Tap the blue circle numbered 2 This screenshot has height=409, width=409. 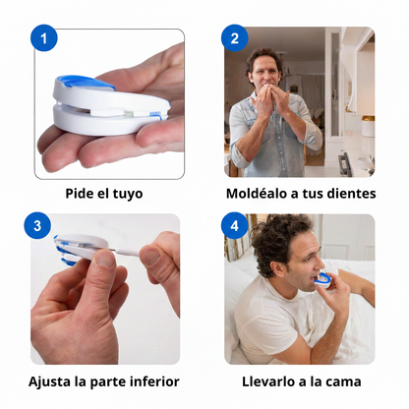coord(234,39)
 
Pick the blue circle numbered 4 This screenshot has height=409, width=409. coord(234,226)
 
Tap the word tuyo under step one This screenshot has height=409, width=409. coord(127,194)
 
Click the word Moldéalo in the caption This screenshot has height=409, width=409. coord(259,194)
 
